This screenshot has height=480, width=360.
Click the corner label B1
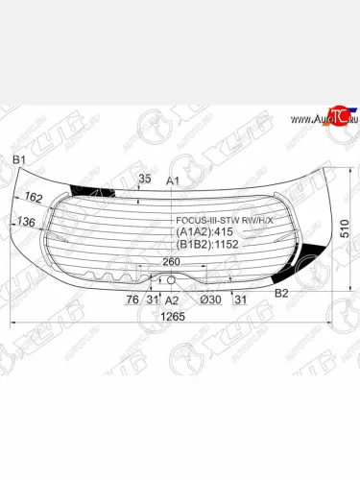17,160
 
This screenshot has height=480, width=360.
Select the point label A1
174,181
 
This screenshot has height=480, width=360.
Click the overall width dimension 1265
173,317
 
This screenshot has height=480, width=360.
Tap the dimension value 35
145,179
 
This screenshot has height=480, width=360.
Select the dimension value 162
34,199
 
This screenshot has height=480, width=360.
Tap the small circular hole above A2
171,280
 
